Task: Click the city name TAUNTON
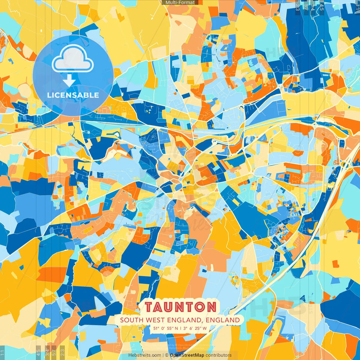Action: coord(181,307)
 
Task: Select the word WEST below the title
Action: coord(155,320)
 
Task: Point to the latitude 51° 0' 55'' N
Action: coord(166,328)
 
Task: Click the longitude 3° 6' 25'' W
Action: coord(195,328)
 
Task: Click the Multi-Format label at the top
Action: coord(180,3)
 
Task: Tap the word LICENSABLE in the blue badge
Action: coord(73,95)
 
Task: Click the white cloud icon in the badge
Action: coord(73,59)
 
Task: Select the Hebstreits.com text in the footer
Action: coord(145,355)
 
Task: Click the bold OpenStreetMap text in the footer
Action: coord(187,355)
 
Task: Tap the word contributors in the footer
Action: coord(219,355)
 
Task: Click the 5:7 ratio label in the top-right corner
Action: coord(306,7)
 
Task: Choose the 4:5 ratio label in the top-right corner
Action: coord(322,7)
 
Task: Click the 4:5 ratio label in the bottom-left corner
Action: coord(38,352)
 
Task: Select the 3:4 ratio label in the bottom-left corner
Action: coord(47,352)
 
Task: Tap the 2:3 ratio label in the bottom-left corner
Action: coord(62,352)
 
